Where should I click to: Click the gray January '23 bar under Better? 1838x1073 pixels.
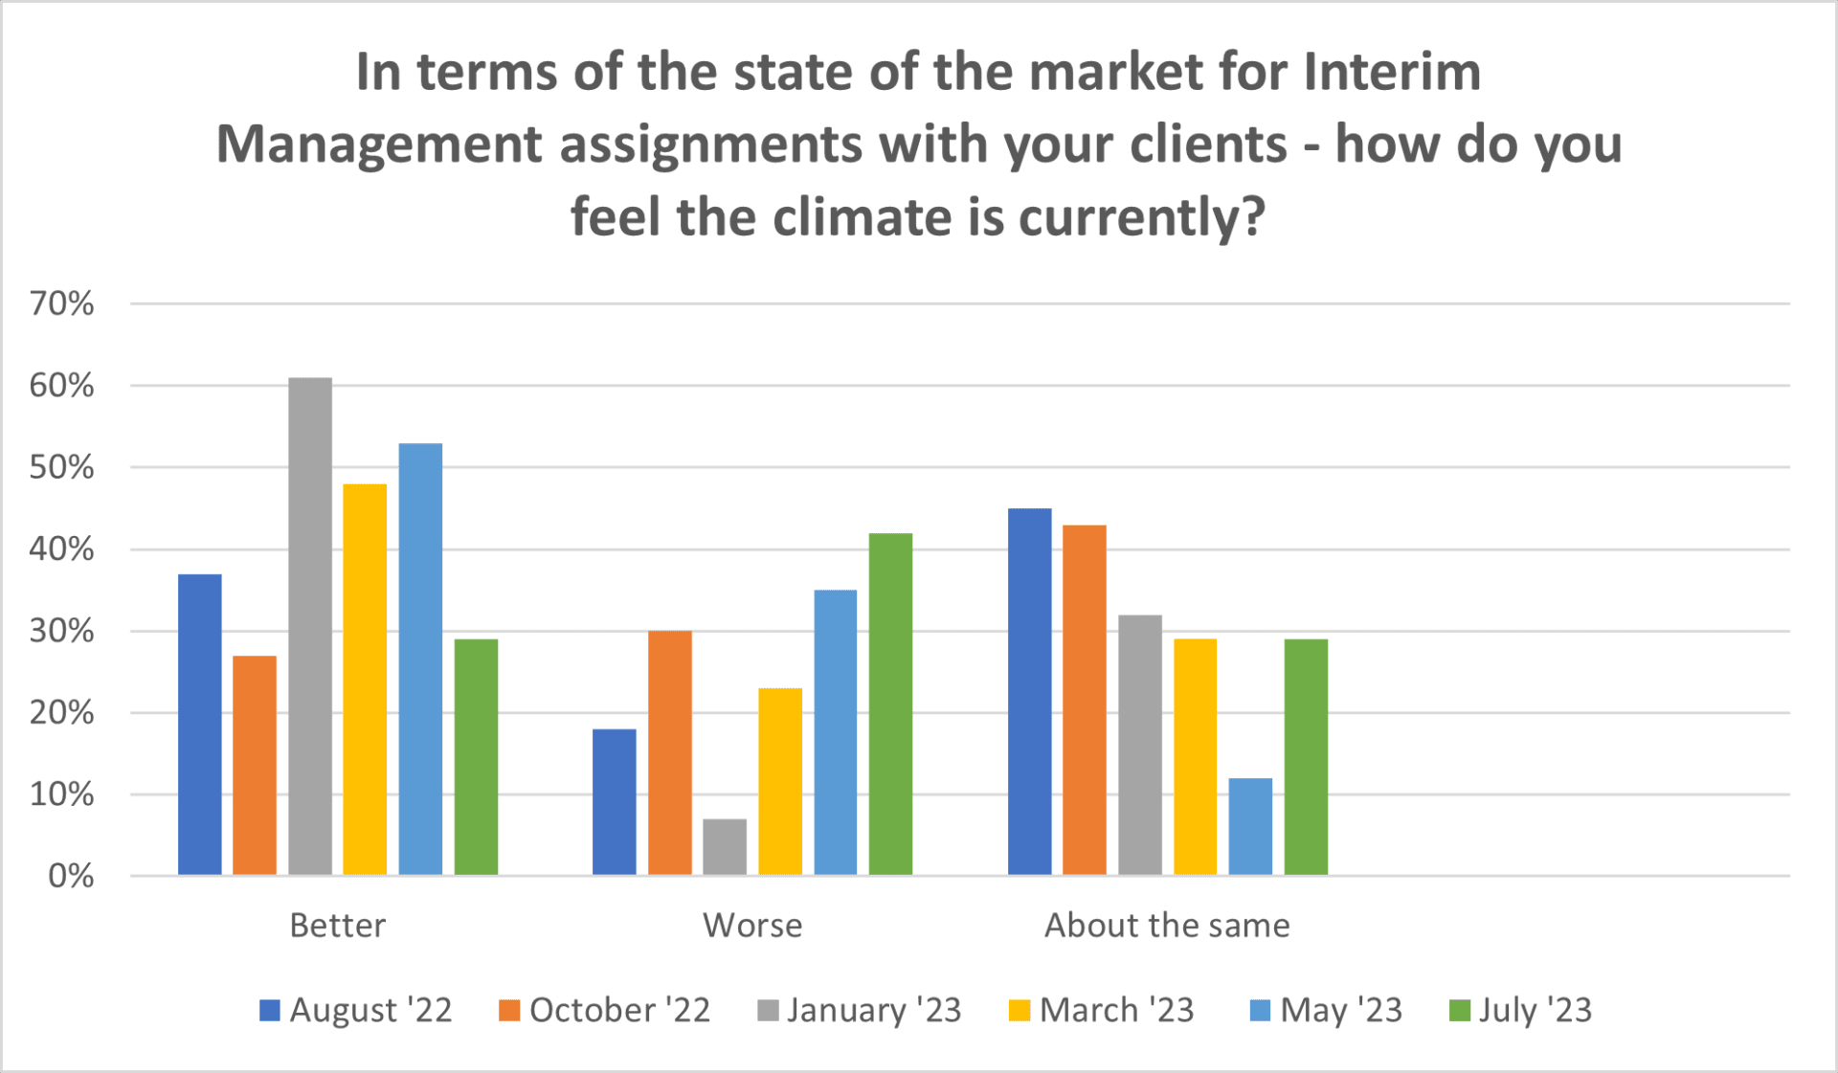pyautogui.click(x=310, y=626)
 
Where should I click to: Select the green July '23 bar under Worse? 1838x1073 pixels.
pyautogui.click(x=890, y=704)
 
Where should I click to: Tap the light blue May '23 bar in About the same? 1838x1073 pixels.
pyautogui.click(x=1250, y=826)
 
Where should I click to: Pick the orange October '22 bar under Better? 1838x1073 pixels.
pyautogui.click(x=255, y=765)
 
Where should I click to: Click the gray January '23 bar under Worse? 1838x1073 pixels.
pyautogui.click(x=725, y=847)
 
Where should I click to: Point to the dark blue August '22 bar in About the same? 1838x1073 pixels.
pyautogui.click(x=1029, y=691)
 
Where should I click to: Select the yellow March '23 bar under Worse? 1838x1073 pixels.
pyautogui.click(x=780, y=781)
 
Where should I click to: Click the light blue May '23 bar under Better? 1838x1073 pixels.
pyautogui.click(x=420, y=659)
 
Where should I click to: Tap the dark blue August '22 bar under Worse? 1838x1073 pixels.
pyautogui.click(x=614, y=802)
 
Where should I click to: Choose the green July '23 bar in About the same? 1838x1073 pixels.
pyautogui.click(x=1306, y=756)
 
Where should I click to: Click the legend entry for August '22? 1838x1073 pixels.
pyautogui.click(x=355, y=1010)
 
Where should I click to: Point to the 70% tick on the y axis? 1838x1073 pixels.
pyautogui.click(x=61, y=304)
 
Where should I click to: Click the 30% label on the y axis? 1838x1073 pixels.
pyautogui.click(x=61, y=631)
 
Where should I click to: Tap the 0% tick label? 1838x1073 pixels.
pyautogui.click(x=71, y=876)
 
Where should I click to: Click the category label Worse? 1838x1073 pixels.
pyautogui.click(x=752, y=926)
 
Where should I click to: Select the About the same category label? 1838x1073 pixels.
pyautogui.click(x=1167, y=926)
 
